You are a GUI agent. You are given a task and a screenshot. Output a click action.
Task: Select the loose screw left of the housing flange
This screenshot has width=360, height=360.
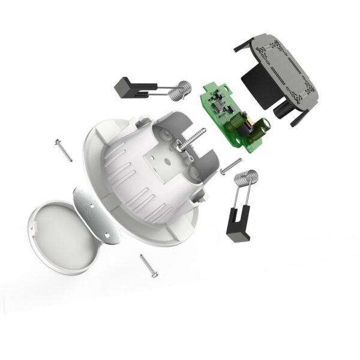63,149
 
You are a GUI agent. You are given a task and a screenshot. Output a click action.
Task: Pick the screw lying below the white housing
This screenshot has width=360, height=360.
148,265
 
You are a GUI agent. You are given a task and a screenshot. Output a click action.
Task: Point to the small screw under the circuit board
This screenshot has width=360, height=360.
231,166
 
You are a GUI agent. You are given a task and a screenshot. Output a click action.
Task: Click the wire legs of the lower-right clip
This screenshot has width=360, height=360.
240,198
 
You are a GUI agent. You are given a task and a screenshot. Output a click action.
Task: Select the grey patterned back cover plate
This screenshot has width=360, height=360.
282,66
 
